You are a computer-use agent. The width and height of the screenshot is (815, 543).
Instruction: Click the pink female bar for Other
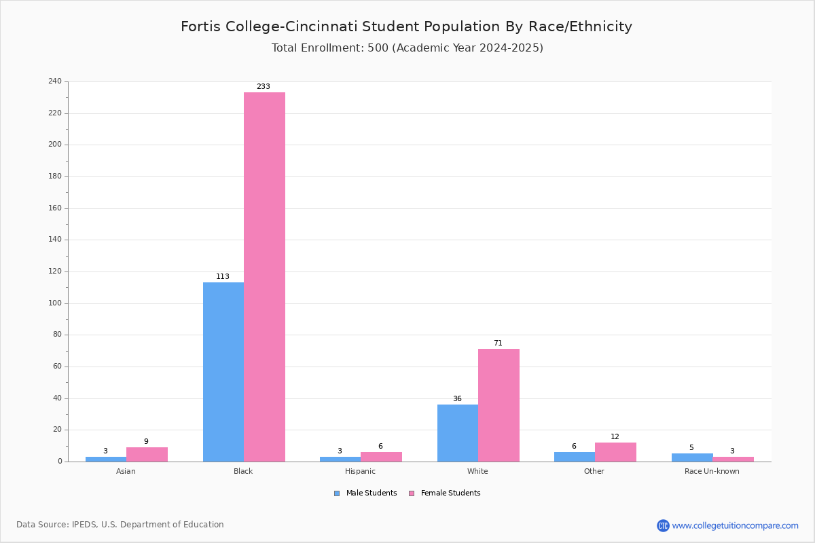(615, 452)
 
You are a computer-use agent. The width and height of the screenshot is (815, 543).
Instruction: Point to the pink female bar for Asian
(147, 454)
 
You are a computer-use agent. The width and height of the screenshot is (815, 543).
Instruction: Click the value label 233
(264, 87)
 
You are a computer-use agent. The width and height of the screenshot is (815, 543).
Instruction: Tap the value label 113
(223, 277)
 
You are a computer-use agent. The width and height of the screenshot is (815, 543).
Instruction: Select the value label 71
(498, 343)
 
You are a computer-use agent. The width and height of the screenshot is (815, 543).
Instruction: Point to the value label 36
(457, 399)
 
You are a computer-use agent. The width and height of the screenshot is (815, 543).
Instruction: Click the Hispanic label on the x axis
(360, 471)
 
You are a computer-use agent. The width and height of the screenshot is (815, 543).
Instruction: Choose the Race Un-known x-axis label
(712, 471)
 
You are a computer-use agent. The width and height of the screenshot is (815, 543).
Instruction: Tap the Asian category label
(126, 471)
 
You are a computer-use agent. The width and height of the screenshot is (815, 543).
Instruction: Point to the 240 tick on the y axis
(55, 81)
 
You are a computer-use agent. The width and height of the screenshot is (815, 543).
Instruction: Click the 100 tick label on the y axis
(55, 303)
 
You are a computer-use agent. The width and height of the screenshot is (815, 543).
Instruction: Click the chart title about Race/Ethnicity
(406, 27)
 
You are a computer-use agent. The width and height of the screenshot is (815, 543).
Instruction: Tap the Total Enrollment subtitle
(407, 48)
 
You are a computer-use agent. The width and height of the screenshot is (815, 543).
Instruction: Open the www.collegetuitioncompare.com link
(735, 525)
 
